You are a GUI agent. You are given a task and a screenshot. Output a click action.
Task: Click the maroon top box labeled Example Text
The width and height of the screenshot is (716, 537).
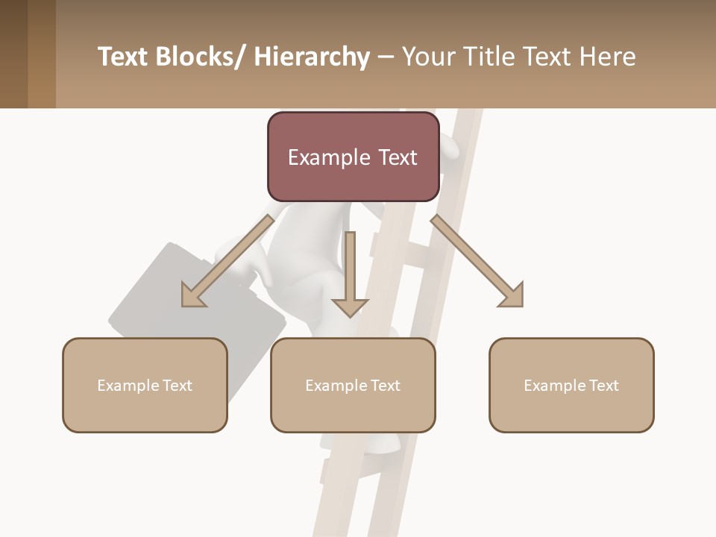(353, 157)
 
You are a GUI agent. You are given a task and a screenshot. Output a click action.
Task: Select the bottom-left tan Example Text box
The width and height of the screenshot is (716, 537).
(145, 385)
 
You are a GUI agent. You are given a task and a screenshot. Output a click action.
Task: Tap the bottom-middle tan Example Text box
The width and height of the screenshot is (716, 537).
(353, 385)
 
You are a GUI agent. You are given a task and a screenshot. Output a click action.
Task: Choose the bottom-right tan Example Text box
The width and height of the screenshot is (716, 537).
(571, 385)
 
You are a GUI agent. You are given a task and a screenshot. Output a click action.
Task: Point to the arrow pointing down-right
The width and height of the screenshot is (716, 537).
(477, 261)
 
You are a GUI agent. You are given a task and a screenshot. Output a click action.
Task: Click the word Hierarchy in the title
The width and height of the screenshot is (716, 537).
(312, 57)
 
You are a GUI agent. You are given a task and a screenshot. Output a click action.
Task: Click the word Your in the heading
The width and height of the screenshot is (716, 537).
(427, 57)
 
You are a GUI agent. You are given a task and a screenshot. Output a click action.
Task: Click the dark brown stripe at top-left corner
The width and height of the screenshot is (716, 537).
(13, 54)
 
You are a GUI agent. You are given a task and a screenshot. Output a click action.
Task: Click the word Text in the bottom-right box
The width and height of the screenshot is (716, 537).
(603, 385)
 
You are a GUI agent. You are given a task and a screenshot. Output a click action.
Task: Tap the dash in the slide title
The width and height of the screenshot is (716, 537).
(386, 57)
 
